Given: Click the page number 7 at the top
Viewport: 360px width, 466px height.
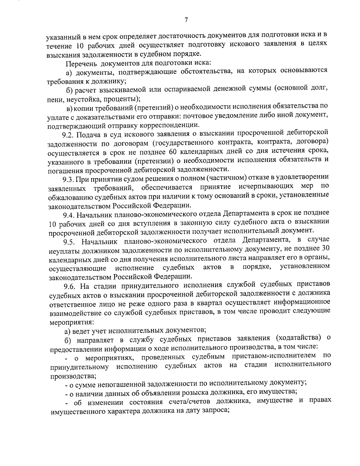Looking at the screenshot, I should [x=186, y=20].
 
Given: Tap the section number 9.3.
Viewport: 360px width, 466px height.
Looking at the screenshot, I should [x=68, y=179].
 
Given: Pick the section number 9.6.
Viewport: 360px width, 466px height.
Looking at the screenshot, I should [x=69, y=284].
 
